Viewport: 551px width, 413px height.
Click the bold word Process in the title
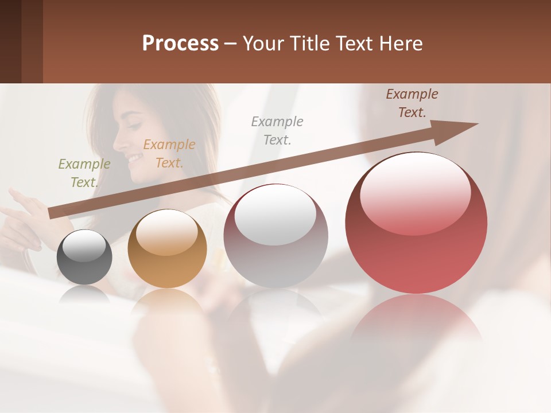(x=180, y=44)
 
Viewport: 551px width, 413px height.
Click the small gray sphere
(x=84, y=257)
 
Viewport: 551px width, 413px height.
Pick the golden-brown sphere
(x=167, y=249)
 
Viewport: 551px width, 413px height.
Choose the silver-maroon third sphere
(x=275, y=236)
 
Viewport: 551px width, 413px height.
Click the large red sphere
(x=416, y=224)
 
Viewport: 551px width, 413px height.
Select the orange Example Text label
(x=169, y=154)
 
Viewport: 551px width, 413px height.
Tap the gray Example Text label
(x=277, y=130)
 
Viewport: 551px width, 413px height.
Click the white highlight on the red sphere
(x=415, y=192)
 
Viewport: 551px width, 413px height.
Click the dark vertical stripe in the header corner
(x=32, y=41)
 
